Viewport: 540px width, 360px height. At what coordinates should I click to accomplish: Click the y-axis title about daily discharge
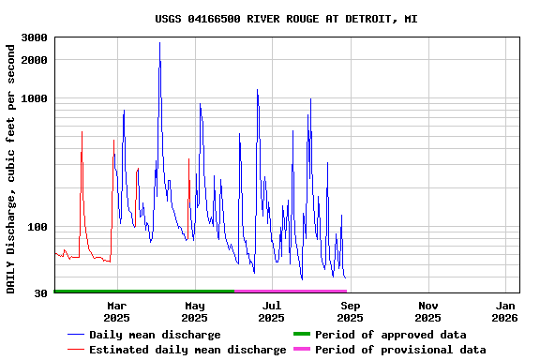click(x=11, y=165)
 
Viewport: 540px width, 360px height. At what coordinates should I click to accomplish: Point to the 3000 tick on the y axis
click(x=35, y=37)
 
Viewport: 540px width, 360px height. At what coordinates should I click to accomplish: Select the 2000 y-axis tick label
click(x=35, y=60)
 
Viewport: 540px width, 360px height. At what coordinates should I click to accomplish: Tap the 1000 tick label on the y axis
click(x=35, y=98)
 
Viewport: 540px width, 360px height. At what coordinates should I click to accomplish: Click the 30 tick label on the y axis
click(x=41, y=294)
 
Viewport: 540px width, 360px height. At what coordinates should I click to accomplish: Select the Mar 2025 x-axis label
click(x=117, y=311)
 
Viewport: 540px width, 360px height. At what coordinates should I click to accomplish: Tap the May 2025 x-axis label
click(x=195, y=311)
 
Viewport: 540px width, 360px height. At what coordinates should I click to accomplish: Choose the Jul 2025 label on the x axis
click(x=272, y=311)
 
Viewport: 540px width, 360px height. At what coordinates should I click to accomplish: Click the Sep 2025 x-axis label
click(x=350, y=311)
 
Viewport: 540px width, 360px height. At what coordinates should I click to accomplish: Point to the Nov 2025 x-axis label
click(x=427, y=311)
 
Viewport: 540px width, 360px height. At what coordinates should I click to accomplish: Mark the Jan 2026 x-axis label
click(x=505, y=311)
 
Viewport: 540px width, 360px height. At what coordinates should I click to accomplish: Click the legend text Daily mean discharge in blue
click(x=155, y=335)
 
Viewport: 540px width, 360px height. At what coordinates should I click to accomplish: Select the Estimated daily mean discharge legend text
click(x=187, y=350)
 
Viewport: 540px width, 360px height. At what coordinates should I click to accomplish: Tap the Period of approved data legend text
click(x=390, y=335)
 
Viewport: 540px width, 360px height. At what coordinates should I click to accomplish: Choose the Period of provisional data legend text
click(x=400, y=350)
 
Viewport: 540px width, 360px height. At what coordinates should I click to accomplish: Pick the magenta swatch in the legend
click(x=301, y=350)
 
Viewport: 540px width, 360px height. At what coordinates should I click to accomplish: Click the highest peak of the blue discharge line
click(x=159, y=43)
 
